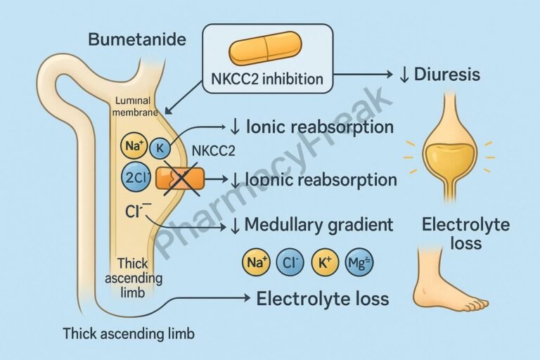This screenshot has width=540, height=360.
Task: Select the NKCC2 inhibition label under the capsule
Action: (267, 79)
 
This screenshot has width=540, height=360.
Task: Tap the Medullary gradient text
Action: (318, 225)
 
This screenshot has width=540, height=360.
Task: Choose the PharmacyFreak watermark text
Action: (274, 169)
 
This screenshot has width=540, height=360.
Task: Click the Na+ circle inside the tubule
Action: (134, 148)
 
